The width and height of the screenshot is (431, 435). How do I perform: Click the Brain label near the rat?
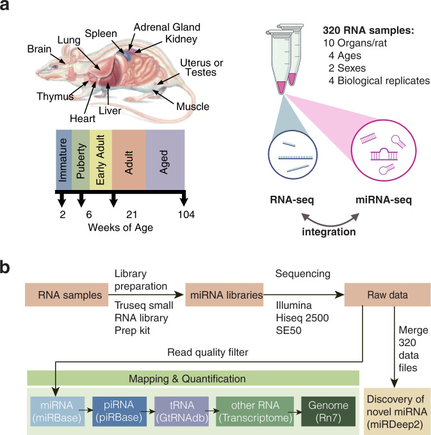point(40,49)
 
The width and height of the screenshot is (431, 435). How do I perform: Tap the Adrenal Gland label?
point(166,28)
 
